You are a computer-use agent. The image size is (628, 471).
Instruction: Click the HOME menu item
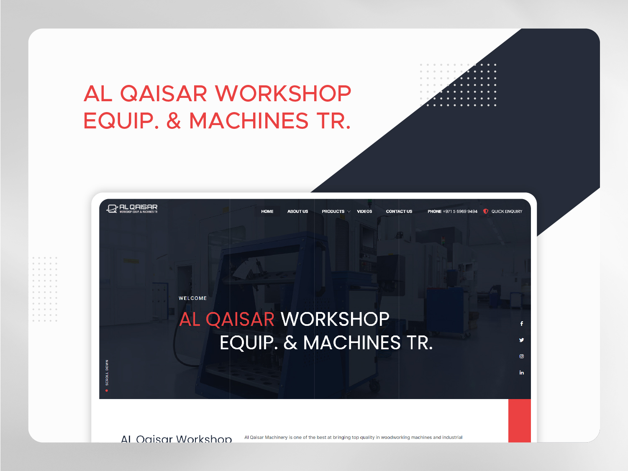pos(267,212)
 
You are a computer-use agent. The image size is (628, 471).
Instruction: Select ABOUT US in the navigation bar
pos(297,212)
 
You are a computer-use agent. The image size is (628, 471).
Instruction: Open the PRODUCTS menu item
pos(333,212)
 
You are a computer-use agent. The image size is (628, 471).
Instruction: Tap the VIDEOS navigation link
pos(364,212)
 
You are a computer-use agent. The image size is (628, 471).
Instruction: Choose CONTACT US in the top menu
pos(399,212)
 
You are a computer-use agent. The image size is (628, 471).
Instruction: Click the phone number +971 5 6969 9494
pos(460,212)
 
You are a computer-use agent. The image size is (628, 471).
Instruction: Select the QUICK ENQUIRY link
pos(507,212)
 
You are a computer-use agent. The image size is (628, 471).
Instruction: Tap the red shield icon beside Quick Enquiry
pos(486,211)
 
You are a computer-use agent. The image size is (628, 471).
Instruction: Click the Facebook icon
pos(522,324)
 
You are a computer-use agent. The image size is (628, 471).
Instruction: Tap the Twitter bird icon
pos(522,340)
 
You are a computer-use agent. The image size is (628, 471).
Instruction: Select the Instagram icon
pos(522,356)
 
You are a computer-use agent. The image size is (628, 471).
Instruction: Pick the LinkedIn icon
pos(522,373)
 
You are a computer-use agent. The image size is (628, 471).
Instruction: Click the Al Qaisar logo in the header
pos(132,208)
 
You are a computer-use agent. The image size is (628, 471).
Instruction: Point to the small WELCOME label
pos(192,298)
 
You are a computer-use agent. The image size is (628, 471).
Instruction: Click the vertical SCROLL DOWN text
pos(107,372)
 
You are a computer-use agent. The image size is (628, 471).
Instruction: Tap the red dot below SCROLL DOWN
pos(107,391)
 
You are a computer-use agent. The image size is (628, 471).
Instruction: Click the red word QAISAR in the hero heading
pos(240,320)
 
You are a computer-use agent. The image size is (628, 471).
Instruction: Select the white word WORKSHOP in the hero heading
pos(335,320)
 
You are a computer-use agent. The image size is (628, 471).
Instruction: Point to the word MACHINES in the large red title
pos(249,121)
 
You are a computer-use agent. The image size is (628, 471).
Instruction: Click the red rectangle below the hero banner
pos(519,420)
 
